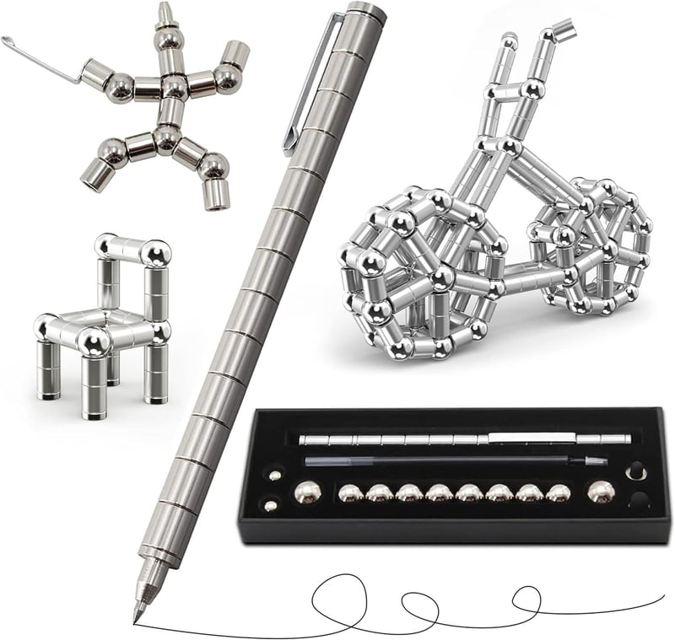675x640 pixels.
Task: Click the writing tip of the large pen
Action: coord(136,616)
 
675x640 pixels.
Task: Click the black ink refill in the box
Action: coord(456,461)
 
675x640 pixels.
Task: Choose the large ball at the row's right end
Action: coord(600,492)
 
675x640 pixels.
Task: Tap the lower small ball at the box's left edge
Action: coord(270,506)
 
